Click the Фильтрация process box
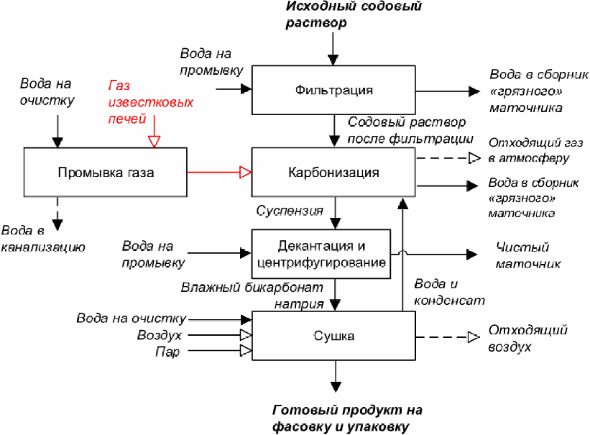[x=333, y=90]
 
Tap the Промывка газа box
[x=106, y=173]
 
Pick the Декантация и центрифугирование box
[x=321, y=254]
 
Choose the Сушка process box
[x=333, y=336]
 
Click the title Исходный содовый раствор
[x=354, y=14]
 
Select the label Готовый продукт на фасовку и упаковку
[x=347, y=418]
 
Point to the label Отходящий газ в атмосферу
[x=530, y=150]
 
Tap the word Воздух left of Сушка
[x=159, y=336]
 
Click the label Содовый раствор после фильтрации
[x=410, y=130]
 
